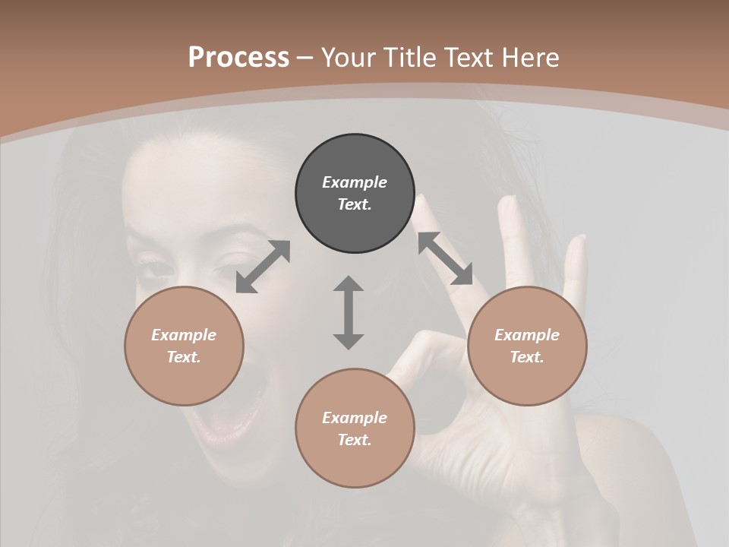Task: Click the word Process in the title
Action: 238,58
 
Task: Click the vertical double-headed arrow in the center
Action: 349,312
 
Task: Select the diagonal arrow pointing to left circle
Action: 263,266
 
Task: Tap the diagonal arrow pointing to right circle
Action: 445,259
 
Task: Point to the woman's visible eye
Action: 155,267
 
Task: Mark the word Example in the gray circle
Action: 355,182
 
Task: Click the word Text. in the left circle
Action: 184,357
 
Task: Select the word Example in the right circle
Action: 527,335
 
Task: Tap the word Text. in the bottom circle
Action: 355,440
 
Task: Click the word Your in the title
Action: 348,58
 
